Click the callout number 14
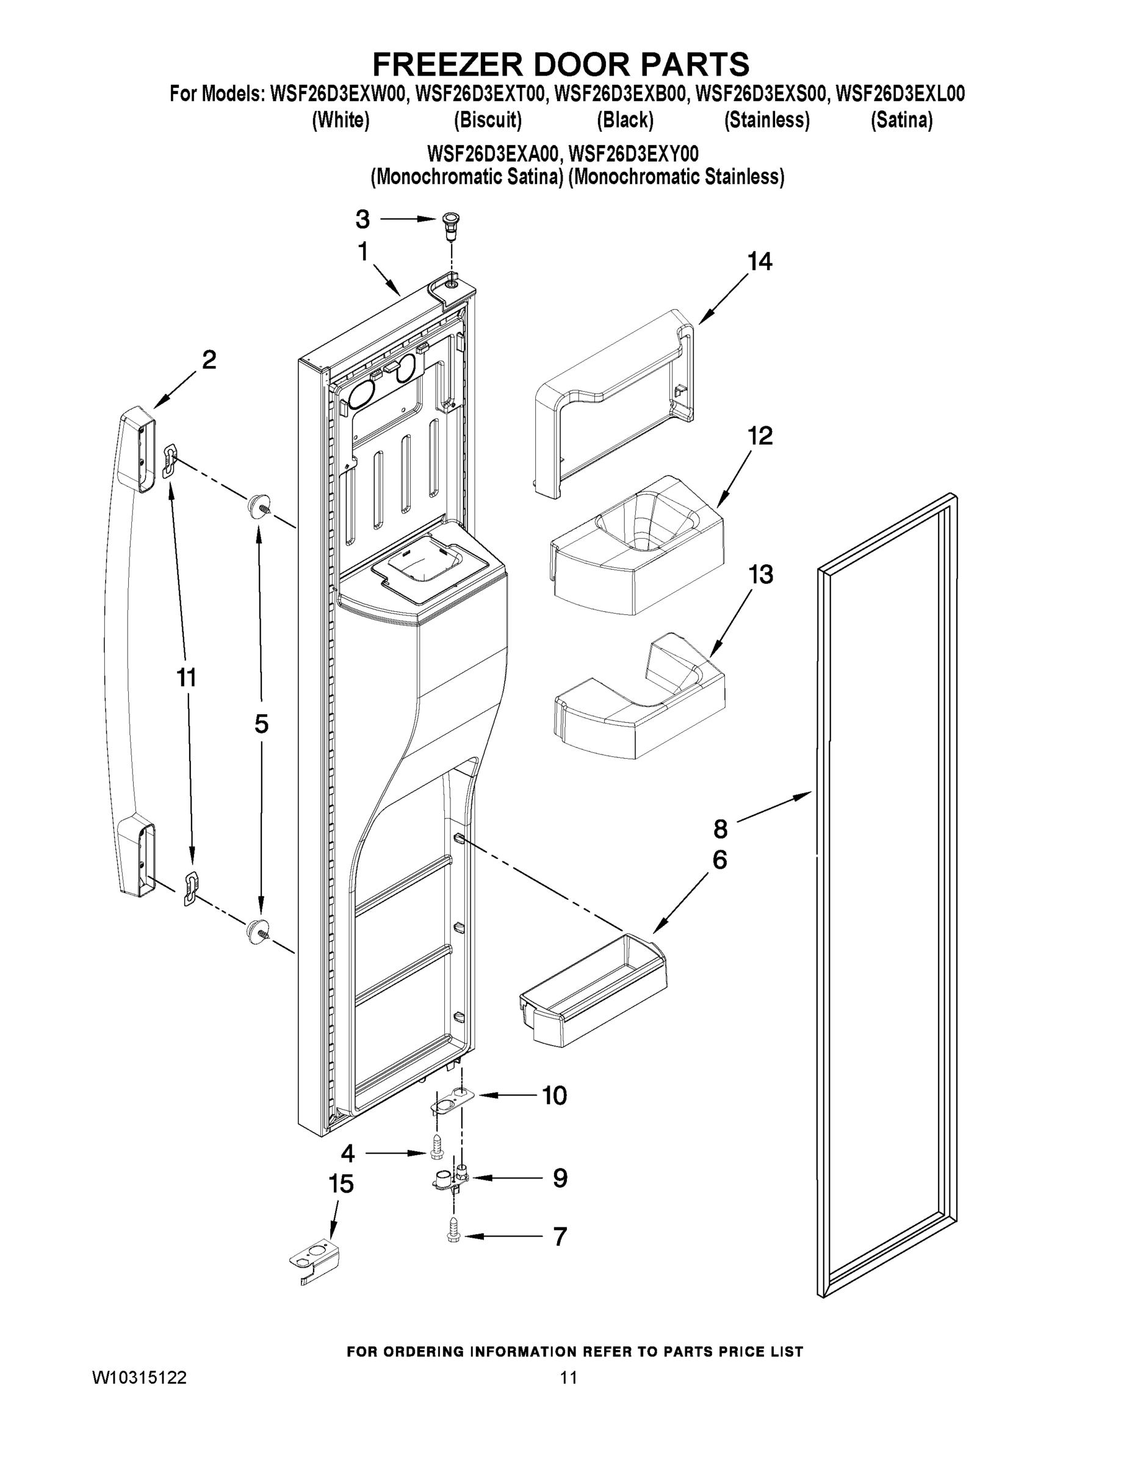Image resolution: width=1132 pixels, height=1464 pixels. [759, 262]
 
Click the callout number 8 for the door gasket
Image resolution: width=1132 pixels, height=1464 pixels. [720, 829]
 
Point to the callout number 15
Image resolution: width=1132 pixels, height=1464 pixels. [341, 1184]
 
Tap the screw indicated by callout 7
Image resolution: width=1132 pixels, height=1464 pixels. [453, 1235]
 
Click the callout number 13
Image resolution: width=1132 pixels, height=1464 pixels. [760, 575]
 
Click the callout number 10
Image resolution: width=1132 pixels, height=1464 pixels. [554, 1096]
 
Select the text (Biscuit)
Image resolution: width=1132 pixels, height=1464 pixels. [488, 120]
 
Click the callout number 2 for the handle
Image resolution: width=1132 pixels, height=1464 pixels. [209, 361]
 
